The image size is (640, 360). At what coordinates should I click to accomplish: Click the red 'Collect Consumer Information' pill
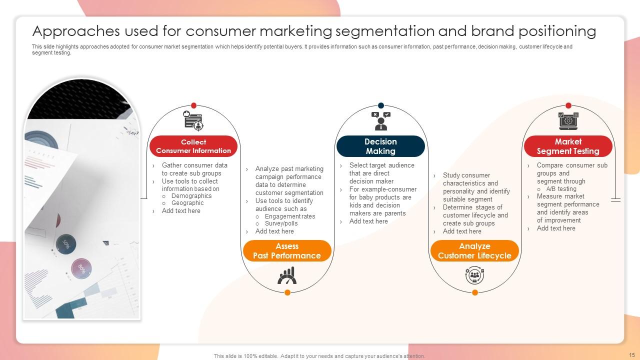tap(193, 146)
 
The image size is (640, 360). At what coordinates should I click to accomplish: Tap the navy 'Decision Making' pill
tap(380, 146)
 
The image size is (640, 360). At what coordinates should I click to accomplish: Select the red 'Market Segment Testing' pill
tap(568, 146)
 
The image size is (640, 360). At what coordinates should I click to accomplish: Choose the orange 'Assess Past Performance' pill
tap(287, 251)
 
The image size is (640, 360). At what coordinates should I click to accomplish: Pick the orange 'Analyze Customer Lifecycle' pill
tap(474, 251)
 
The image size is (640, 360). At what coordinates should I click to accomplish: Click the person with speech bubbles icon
tap(381, 121)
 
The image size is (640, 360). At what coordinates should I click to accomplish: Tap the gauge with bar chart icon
tap(287, 275)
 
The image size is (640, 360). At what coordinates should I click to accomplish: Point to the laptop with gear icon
tap(568, 121)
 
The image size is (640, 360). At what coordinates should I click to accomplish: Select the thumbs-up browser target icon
tap(193, 121)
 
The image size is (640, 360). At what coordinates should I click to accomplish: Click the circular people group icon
tap(474, 275)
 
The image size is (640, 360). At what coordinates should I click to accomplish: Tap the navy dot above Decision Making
tap(381, 105)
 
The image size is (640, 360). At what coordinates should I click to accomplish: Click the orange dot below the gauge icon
tap(287, 292)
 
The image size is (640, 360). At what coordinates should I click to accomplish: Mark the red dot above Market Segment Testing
tap(568, 105)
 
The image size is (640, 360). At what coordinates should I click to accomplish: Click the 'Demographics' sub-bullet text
tap(191, 196)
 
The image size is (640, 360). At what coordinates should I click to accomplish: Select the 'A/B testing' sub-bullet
tap(561, 189)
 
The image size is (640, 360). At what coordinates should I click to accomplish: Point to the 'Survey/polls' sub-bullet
tap(281, 223)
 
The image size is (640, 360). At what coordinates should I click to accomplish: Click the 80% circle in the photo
tap(81, 268)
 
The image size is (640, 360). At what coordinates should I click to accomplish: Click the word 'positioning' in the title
tap(557, 31)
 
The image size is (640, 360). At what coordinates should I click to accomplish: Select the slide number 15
tap(632, 355)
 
